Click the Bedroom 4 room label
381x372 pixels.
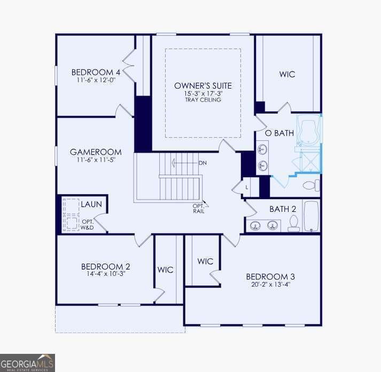pyautogui.click(x=96, y=72)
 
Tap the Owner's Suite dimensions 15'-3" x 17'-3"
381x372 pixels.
pyautogui.click(x=203, y=93)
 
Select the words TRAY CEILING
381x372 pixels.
pyautogui.click(x=203, y=100)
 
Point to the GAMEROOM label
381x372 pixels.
pyautogui.click(x=96, y=152)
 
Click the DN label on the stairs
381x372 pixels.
pyautogui.click(x=203, y=163)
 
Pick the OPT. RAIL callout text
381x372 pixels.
pyautogui.click(x=199, y=209)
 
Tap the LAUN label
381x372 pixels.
pyautogui.click(x=91, y=204)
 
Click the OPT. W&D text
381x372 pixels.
pyautogui.click(x=88, y=225)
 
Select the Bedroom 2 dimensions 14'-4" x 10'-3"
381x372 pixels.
pyautogui.click(x=106, y=273)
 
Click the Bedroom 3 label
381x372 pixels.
pyautogui.click(x=270, y=276)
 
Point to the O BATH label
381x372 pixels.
pyautogui.click(x=279, y=133)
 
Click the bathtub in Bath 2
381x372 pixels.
pyautogui.click(x=311, y=216)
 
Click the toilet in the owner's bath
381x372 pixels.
pyautogui.click(x=312, y=185)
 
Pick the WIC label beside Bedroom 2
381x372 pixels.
pyautogui.click(x=165, y=270)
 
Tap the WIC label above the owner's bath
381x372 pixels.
pyautogui.click(x=287, y=74)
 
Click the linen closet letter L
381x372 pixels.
pyautogui.click(x=247, y=187)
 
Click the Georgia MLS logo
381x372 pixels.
pyautogui.click(x=27, y=363)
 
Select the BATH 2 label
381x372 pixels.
pyautogui.click(x=283, y=209)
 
